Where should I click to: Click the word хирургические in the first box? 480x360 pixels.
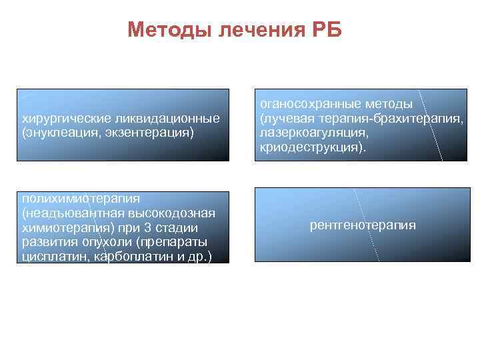(x=63, y=119)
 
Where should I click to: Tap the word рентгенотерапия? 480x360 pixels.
(x=363, y=225)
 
